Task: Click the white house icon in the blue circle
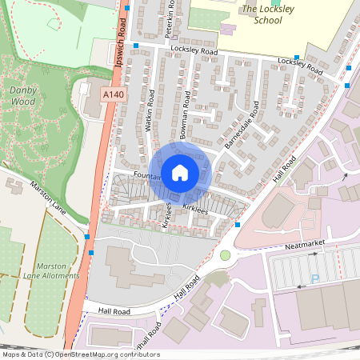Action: (x=180, y=172)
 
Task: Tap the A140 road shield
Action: (x=114, y=95)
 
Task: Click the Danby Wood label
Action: (x=23, y=96)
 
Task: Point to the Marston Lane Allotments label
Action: (x=57, y=270)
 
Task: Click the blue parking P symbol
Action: (x=314, y=279)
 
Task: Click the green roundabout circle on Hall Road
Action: (x=226, y=256)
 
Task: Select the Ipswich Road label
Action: (x=122, y=44)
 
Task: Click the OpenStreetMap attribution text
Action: (x=80, y=354)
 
